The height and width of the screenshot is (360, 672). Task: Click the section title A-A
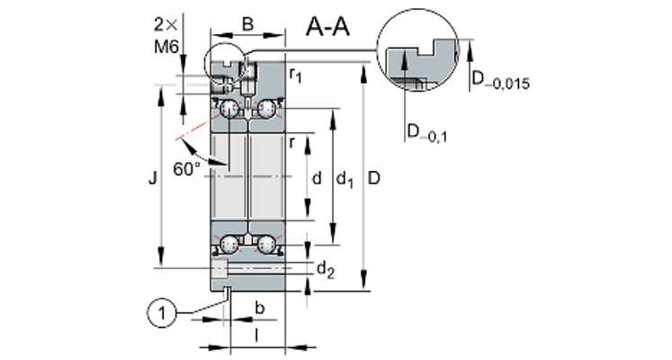pos(327,28)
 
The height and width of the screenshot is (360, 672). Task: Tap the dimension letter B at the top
pos(247,24)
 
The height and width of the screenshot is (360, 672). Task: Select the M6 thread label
pos(166,46)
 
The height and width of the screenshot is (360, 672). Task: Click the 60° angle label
pos(186,169)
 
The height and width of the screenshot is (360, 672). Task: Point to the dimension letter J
pos(153,178)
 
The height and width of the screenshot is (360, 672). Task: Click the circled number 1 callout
pos(162,314)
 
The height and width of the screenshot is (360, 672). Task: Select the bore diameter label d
pos(317,178)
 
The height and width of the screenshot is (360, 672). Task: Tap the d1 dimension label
pos(345,179)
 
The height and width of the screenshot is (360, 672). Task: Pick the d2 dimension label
pos(326,270)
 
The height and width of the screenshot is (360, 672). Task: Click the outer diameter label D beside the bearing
pos(374,178)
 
